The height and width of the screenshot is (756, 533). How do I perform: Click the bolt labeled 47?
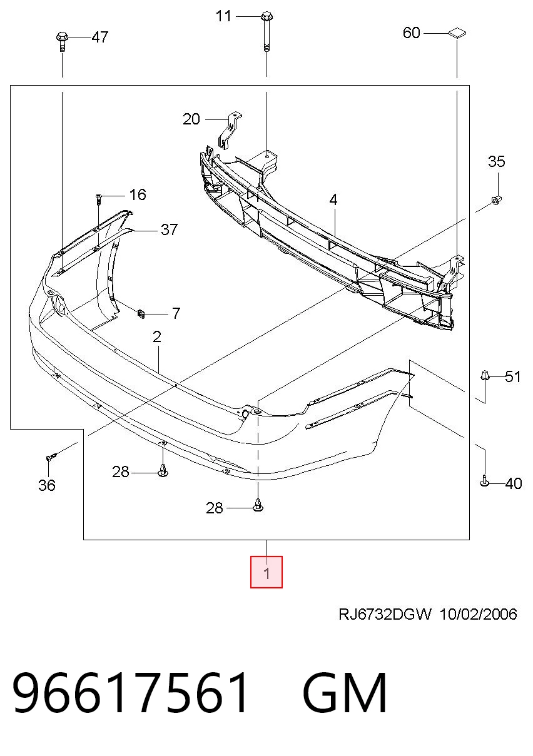tap(62, 41)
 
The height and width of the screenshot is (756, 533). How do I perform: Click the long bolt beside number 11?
tap(266, 32)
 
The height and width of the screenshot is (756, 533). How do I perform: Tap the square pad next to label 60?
tap(457, 33)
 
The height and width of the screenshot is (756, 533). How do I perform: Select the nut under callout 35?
tap(496, 201)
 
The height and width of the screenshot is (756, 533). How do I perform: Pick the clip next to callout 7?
tap(141, 314)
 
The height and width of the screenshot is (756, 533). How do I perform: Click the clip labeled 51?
tap(485, 375)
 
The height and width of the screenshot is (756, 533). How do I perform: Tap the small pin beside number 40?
tap(484, 481)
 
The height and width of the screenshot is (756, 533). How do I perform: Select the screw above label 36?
tap(51, 457)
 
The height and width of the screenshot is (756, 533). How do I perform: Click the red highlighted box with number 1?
tap(266, 572)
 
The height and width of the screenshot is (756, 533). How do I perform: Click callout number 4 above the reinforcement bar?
tap(333, 200)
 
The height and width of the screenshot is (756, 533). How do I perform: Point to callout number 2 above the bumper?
tap(157, 336)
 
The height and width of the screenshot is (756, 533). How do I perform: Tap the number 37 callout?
tap(169, 230)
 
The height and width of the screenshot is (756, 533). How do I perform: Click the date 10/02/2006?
tap(479, 614)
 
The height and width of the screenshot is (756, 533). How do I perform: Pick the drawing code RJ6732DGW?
tap(385, 614)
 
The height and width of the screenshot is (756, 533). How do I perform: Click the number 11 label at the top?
tap(223, 16)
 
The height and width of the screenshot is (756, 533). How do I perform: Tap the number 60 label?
tap(411, 33)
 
